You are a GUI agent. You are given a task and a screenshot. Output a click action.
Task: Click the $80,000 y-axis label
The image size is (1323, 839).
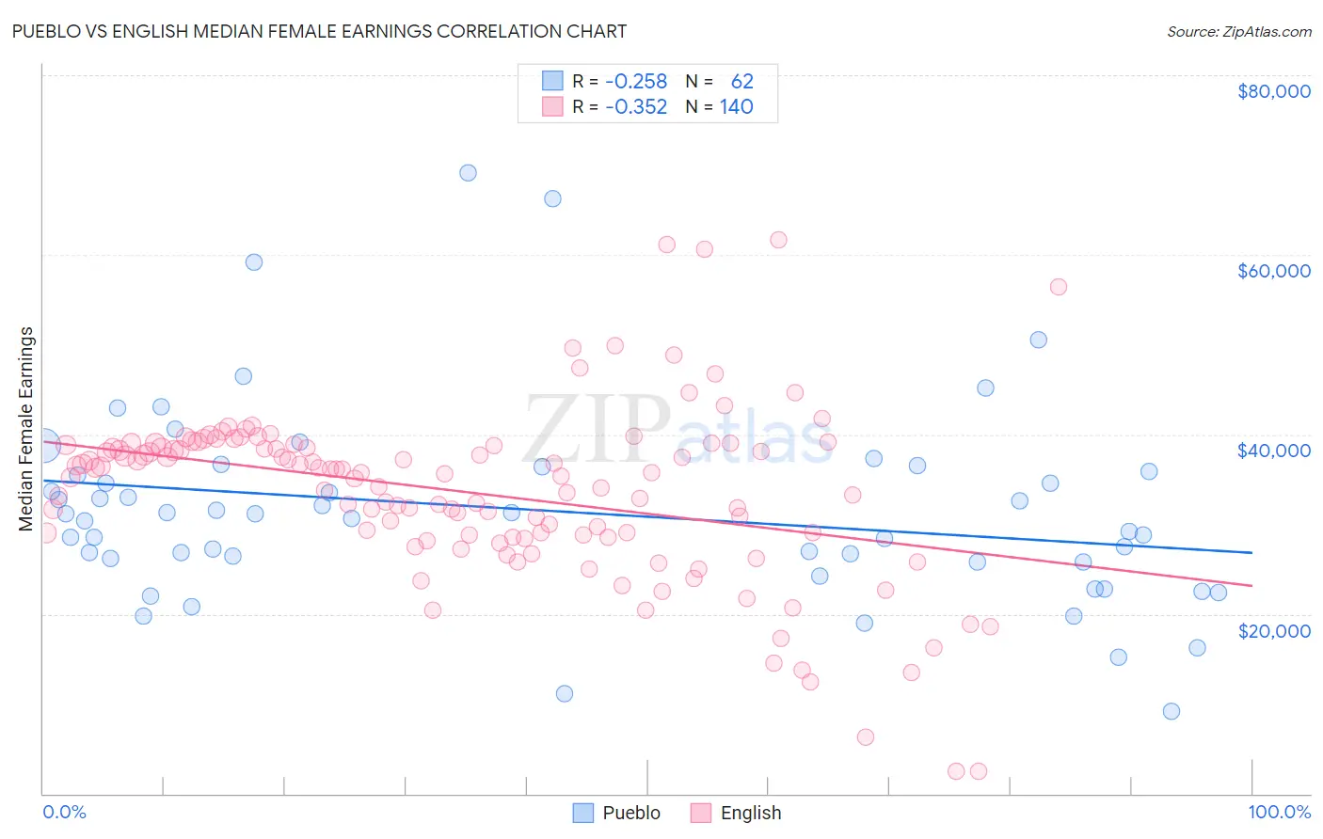click(1273, 91)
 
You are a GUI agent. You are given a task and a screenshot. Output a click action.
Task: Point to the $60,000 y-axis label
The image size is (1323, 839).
click(1273, 271)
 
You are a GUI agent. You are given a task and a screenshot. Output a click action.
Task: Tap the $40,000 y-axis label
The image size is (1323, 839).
click(1273, 451)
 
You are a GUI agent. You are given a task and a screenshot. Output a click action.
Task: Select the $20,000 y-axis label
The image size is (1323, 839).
click(1273, 630)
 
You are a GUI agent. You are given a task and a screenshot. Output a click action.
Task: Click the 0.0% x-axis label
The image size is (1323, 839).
click(64, 812)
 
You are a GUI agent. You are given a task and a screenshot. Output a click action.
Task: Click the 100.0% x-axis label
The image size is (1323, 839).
click(1279, 812)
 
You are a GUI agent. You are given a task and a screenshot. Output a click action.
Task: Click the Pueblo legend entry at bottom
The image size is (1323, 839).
click(631, 813)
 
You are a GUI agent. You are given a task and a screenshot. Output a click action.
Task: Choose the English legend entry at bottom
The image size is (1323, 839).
click(750, 813)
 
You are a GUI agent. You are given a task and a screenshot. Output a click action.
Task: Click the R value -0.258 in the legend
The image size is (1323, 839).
click(636, 82)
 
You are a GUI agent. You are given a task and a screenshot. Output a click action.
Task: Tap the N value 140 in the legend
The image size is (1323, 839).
click(736, 107)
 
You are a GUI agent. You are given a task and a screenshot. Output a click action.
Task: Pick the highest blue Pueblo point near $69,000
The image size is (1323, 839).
click(468, 173)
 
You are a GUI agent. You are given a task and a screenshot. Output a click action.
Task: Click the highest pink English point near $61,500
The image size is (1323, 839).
click(778, 240)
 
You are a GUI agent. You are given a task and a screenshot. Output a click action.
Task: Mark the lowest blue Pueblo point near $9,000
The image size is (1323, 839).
click(1171, 711)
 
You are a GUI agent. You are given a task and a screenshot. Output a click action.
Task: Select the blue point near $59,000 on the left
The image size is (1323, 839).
click(254, 262)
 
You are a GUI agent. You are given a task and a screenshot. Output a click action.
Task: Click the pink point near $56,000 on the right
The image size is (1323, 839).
click(1058, 287)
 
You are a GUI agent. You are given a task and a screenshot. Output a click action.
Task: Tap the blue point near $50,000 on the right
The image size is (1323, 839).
click(1038, 340)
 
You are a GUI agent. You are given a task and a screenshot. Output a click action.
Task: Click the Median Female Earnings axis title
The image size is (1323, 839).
click(26, 429)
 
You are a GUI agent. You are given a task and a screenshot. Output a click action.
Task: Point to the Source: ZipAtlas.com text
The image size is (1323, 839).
click(1238, 31)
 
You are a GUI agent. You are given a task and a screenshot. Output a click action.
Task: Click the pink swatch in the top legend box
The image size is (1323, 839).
click(552, 107)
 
